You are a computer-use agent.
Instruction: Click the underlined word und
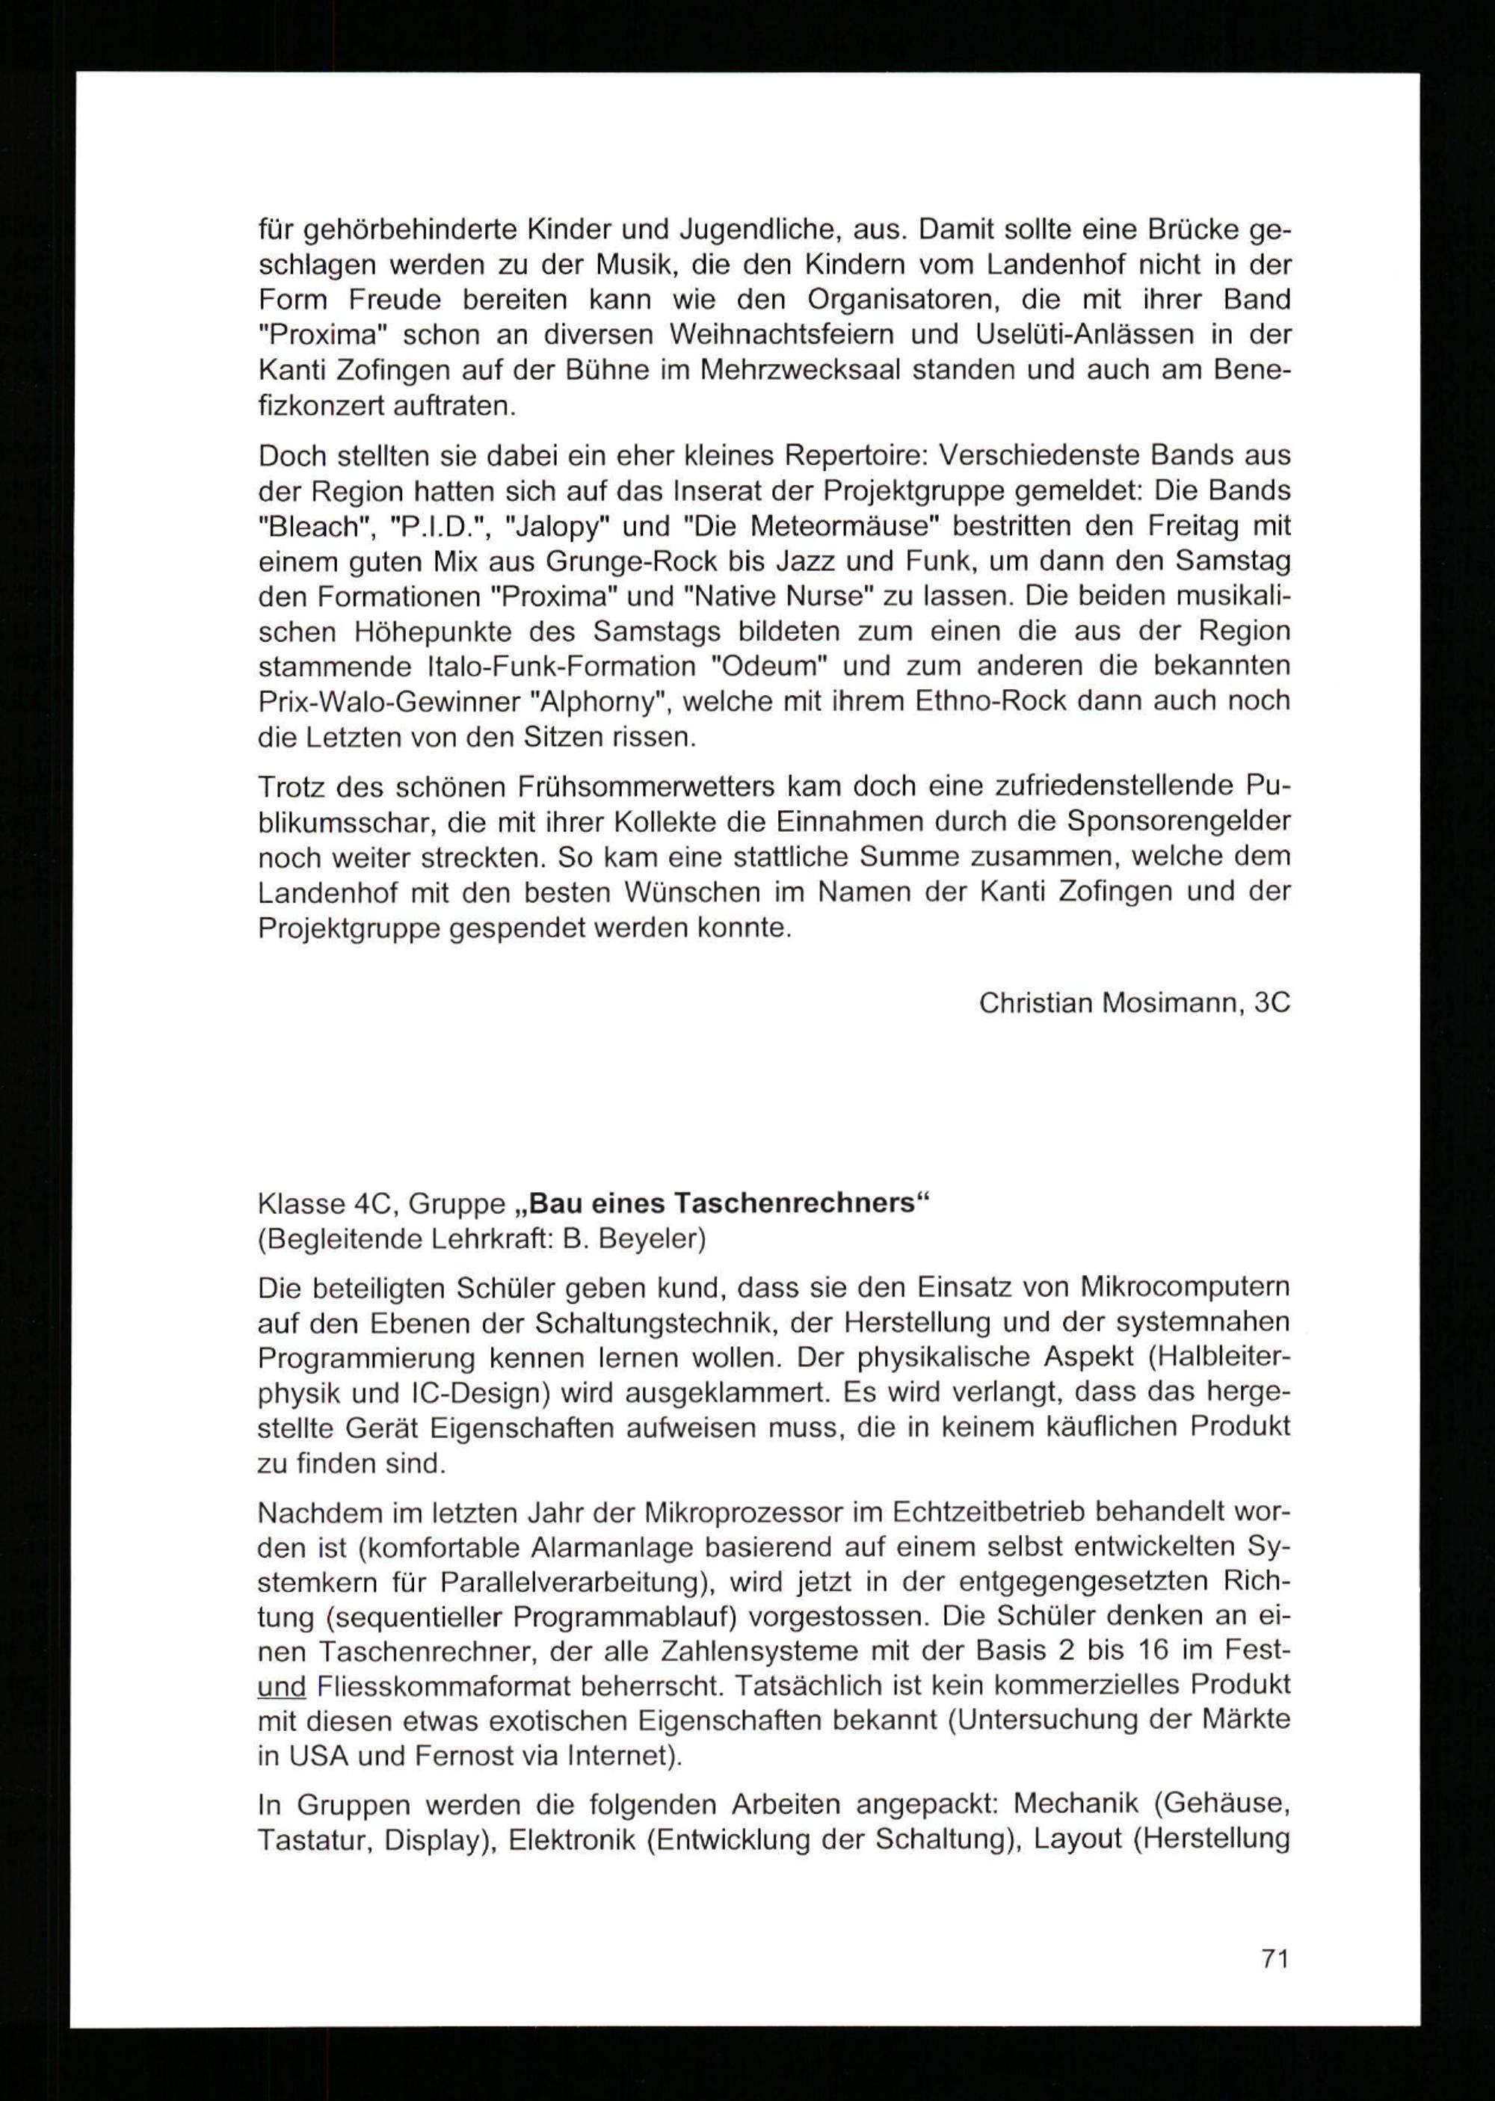tap(281, 1687)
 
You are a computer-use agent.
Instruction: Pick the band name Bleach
tap(309, 526)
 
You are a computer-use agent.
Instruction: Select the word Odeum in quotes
tap(777, 666)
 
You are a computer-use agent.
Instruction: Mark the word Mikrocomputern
tap(1184, 1286)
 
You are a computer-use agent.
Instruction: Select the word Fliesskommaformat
tap(461, 1687)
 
